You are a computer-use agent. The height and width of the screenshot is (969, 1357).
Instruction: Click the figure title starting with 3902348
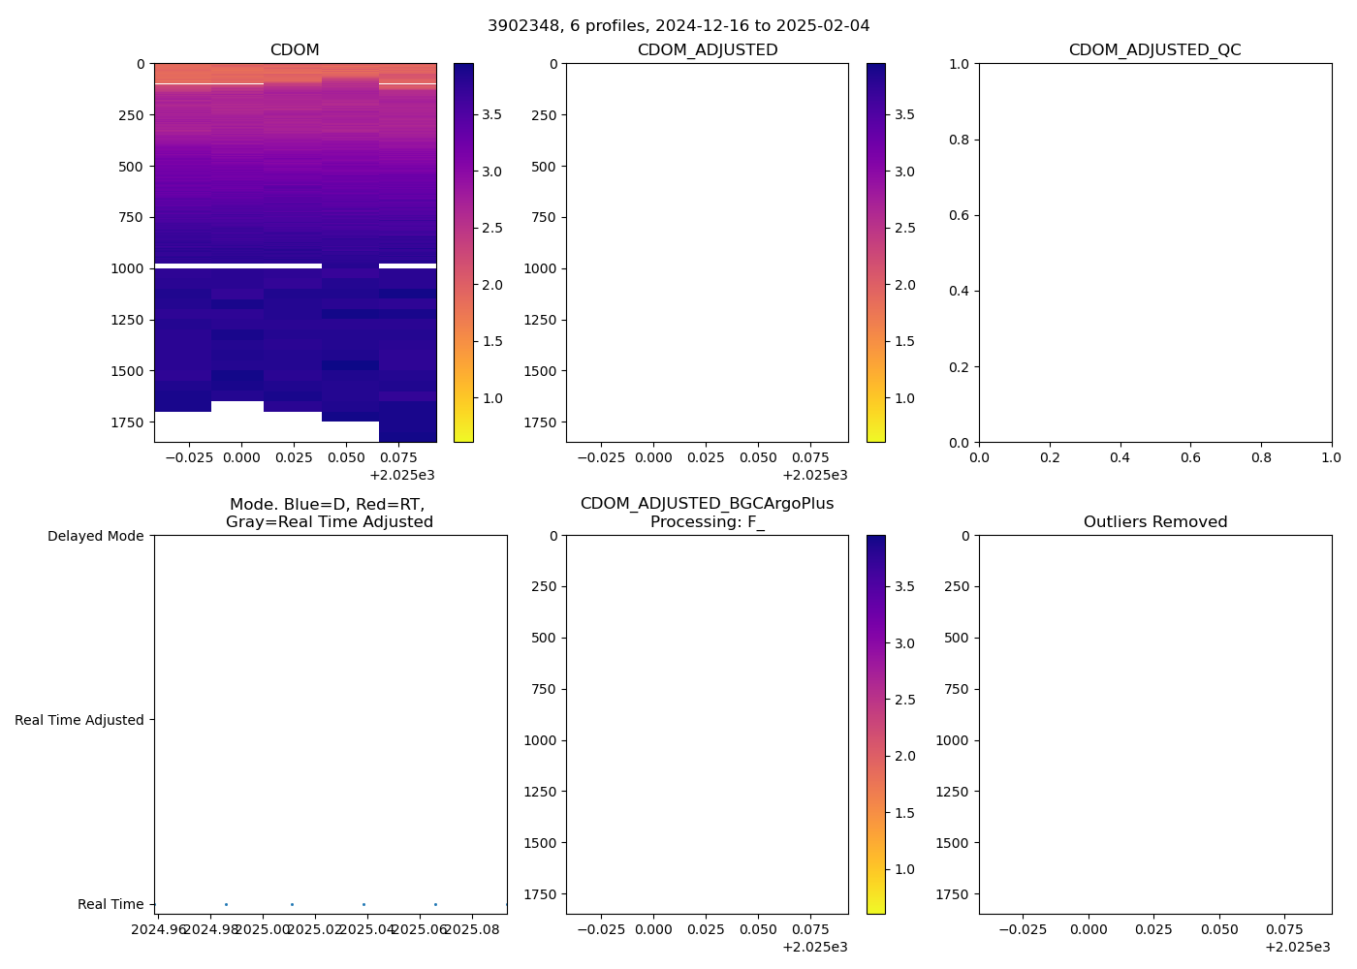[678, 26]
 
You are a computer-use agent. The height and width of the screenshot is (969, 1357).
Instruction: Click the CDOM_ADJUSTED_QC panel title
[1154, 50]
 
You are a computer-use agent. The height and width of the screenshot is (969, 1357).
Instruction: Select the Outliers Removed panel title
[1154, 522]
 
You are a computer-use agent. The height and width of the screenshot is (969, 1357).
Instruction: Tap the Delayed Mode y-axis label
[95, 536]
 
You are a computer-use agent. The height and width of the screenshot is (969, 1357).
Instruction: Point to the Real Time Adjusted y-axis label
[79, 720]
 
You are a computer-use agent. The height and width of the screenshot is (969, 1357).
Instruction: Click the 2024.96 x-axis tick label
[158, 929]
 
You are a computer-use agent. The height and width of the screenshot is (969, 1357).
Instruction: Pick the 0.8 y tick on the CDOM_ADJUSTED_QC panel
[961, 140]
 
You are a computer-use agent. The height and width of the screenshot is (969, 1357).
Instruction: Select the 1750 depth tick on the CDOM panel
[127, 422]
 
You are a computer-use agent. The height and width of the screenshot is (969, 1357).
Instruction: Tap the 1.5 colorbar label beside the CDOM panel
[492, 341]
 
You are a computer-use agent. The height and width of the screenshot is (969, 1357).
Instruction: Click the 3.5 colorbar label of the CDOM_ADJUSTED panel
[904, 114]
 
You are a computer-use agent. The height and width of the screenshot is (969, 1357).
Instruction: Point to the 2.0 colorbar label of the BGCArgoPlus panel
[904, 756]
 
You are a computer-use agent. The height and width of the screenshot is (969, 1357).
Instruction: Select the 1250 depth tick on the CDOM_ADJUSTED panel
[540, 320]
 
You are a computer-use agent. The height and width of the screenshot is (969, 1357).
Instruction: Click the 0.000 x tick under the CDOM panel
[242, 457]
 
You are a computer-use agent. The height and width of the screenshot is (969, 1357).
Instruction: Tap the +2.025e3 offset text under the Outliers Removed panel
[1297, 947]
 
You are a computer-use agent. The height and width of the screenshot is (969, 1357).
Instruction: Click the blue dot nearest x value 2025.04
[363, 904]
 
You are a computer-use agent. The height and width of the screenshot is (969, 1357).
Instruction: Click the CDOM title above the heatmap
[295, 50]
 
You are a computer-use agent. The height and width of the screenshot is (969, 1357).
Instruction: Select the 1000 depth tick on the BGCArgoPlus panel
[540, 740]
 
